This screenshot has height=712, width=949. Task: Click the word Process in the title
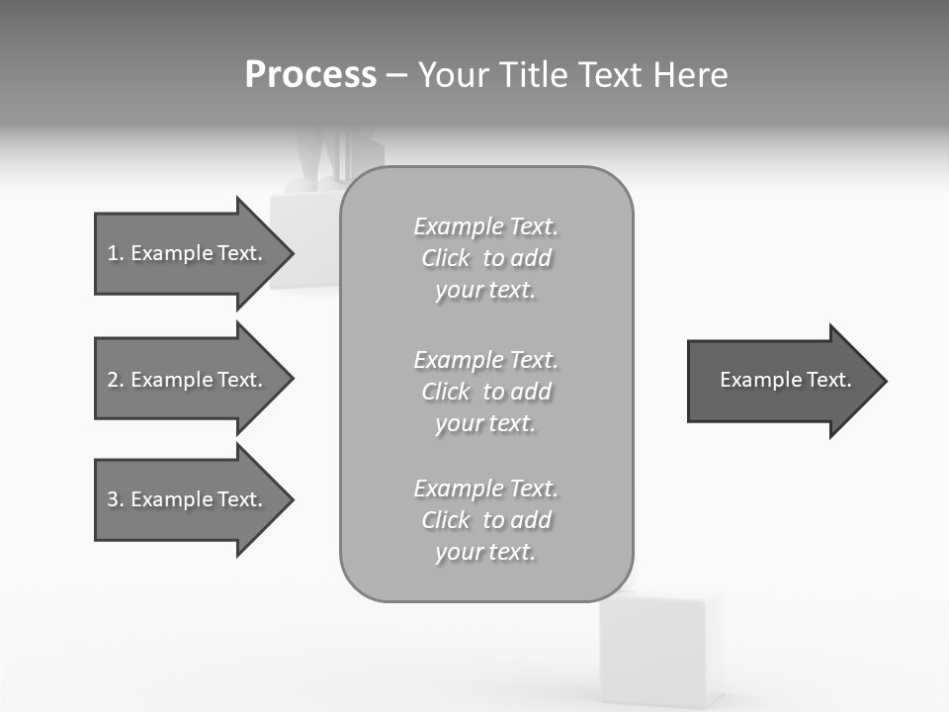tap(310, 75)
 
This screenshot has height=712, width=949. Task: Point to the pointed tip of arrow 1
tap(291, 253)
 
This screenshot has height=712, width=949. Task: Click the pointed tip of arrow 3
tap(291, 499)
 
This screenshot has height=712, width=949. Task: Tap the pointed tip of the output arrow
tap(884, 381)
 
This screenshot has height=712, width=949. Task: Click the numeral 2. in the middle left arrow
tap(115, 380)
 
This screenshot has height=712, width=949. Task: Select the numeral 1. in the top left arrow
tap(115, 253)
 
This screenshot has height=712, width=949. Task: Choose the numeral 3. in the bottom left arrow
tap(115, 499)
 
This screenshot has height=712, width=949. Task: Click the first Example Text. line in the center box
tap(485, 226)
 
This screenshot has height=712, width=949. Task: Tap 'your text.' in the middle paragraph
tap(484, 423)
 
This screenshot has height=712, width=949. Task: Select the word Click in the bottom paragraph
tap(445, 520)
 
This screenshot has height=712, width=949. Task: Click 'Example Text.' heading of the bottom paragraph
tap(485, 489)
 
